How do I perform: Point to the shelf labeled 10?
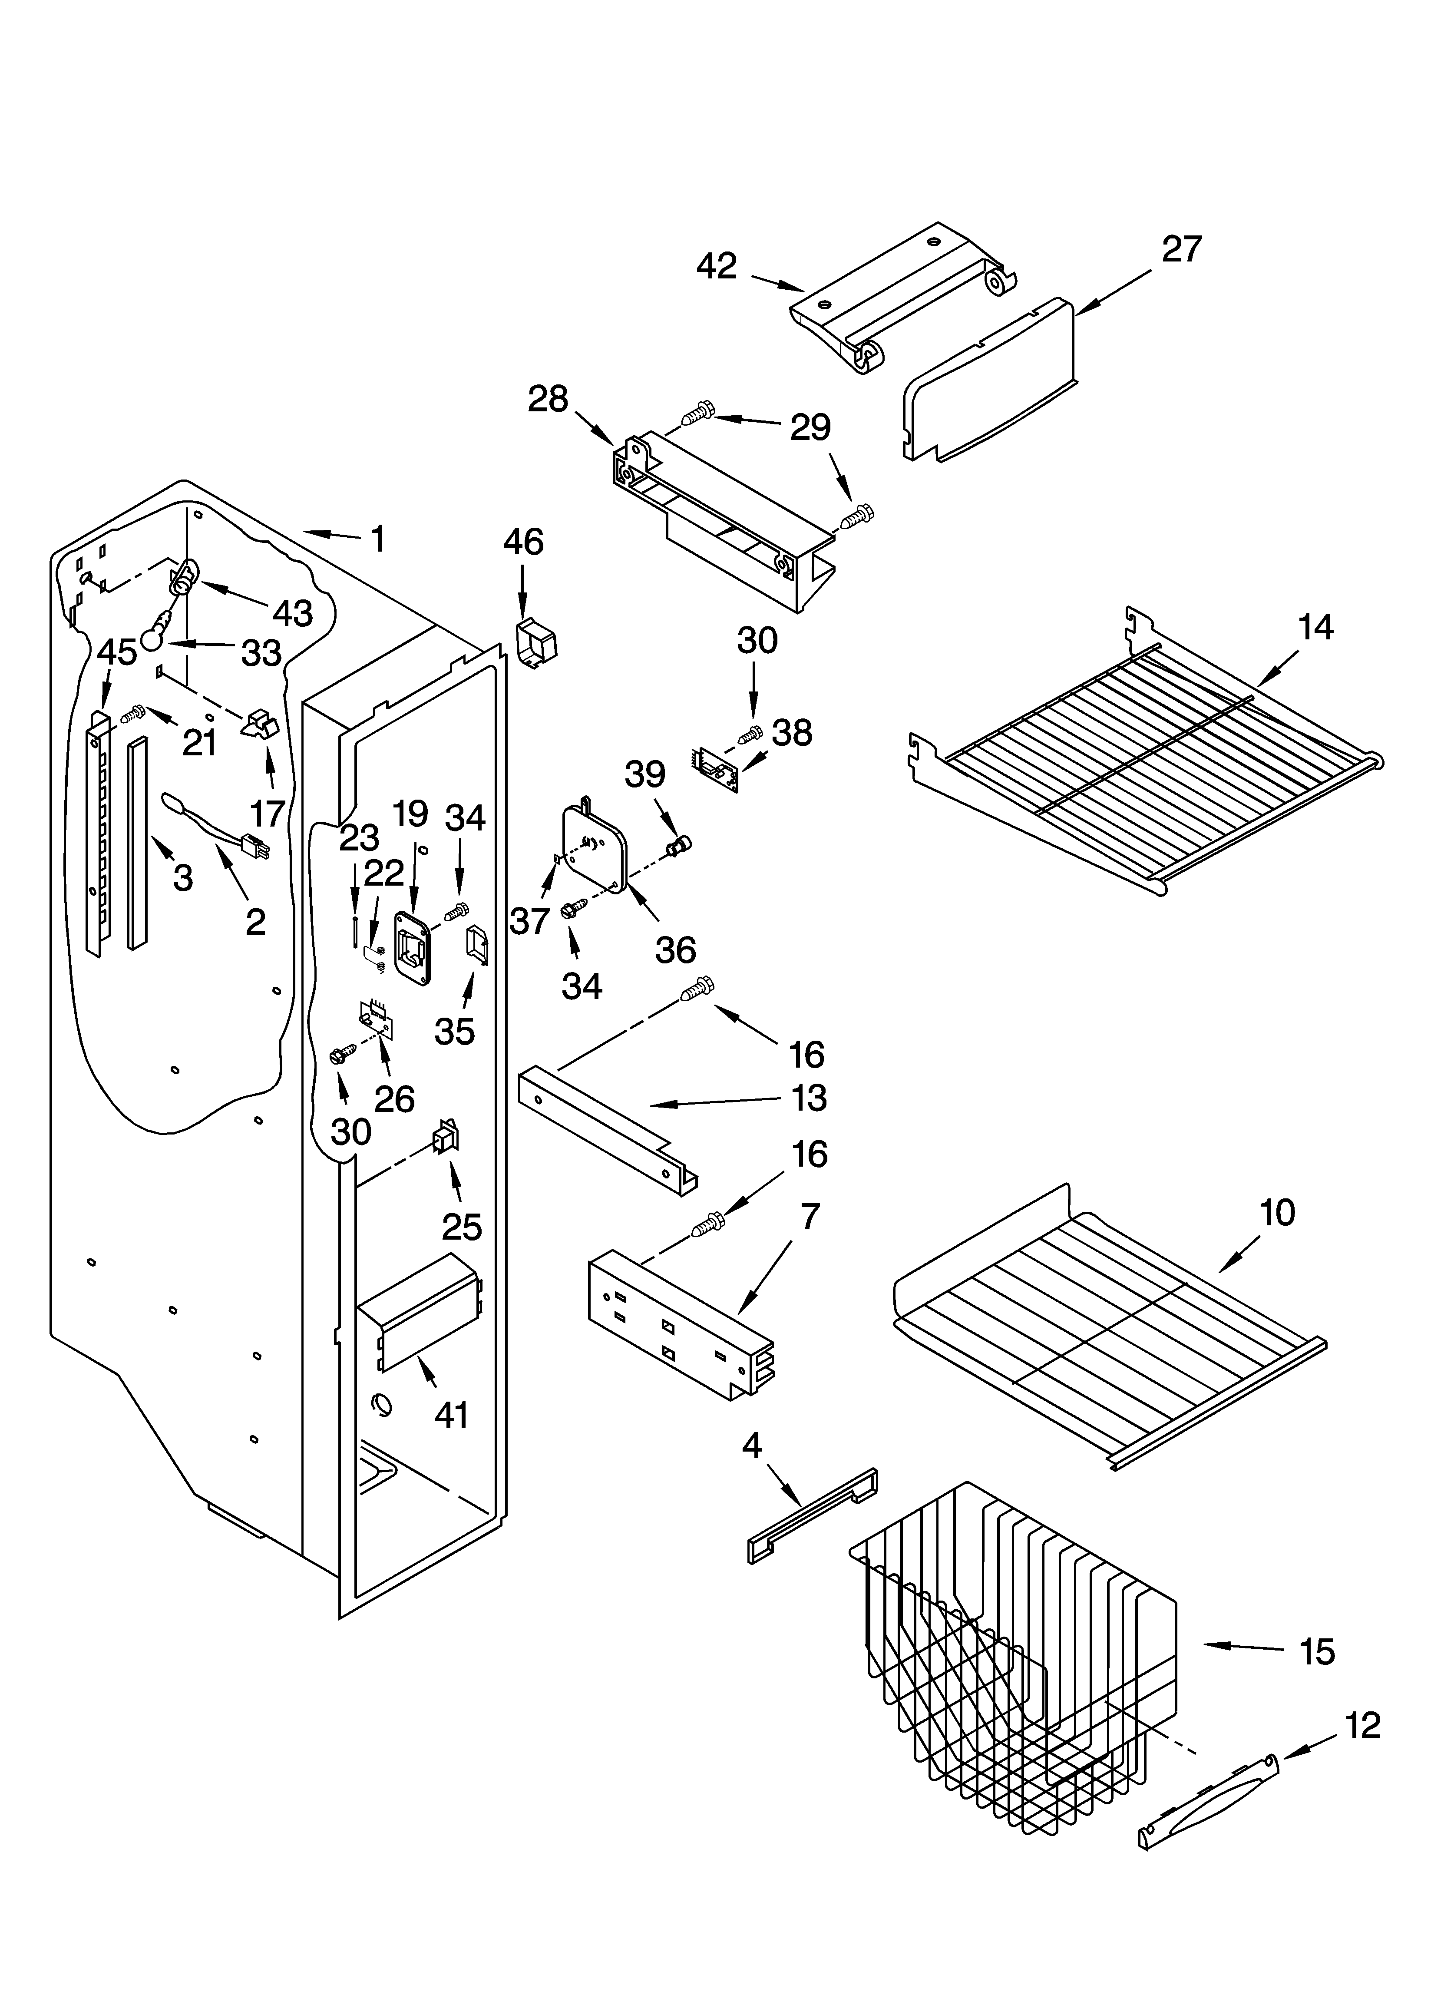[x=1107, y=1319]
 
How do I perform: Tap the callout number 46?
[x=523, y=542]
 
